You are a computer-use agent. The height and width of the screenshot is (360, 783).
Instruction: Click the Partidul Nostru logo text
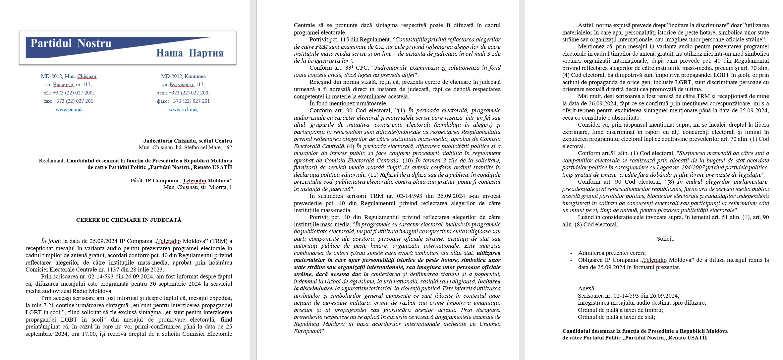71,43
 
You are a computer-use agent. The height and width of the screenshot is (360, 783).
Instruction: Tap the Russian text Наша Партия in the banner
190,53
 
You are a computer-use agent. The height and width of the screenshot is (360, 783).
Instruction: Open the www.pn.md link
69,110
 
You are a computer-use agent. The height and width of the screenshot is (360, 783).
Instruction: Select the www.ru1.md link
183,110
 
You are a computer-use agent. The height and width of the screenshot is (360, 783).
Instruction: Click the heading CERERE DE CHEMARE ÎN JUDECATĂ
129,220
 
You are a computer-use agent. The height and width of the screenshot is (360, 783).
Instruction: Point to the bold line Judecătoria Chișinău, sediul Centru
188,141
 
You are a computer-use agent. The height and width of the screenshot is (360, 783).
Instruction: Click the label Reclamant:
52,161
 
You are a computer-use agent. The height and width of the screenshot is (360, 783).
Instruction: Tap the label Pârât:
137,181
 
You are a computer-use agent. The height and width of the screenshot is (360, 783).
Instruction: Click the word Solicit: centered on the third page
665,239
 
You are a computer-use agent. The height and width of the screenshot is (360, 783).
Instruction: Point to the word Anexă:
587,289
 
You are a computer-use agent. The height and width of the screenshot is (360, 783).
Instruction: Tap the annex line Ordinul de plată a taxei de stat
616,317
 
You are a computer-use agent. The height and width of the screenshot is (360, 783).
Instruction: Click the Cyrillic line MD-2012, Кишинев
183,76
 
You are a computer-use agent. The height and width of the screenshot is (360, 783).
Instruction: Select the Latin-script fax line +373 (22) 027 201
69,101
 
